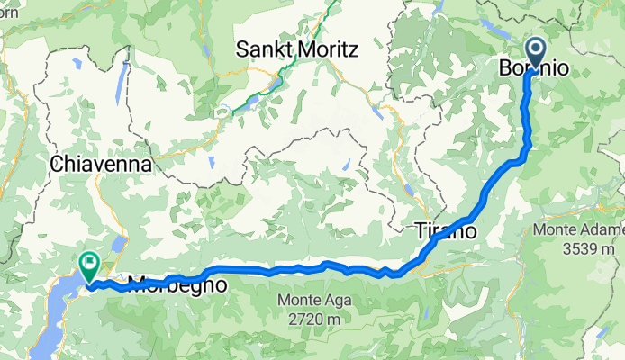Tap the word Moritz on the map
(328, 49)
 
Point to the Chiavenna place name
(101, 165)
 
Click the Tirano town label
(445, 230)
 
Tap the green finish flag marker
(90, 264)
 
